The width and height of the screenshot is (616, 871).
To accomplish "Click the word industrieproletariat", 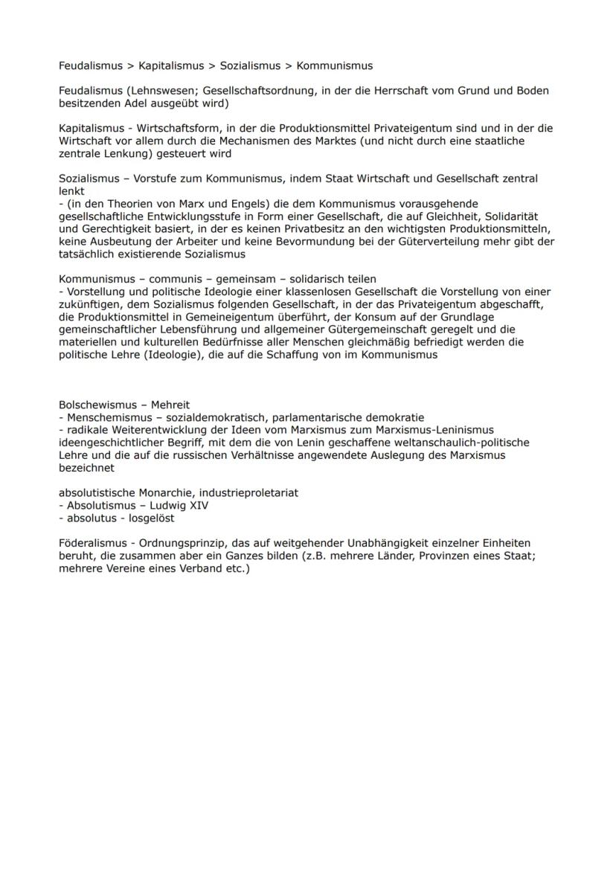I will pos(246,493).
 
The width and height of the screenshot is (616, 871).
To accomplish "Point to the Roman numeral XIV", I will pos(198,506).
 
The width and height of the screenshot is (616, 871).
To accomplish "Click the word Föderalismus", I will pos(91,544).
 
